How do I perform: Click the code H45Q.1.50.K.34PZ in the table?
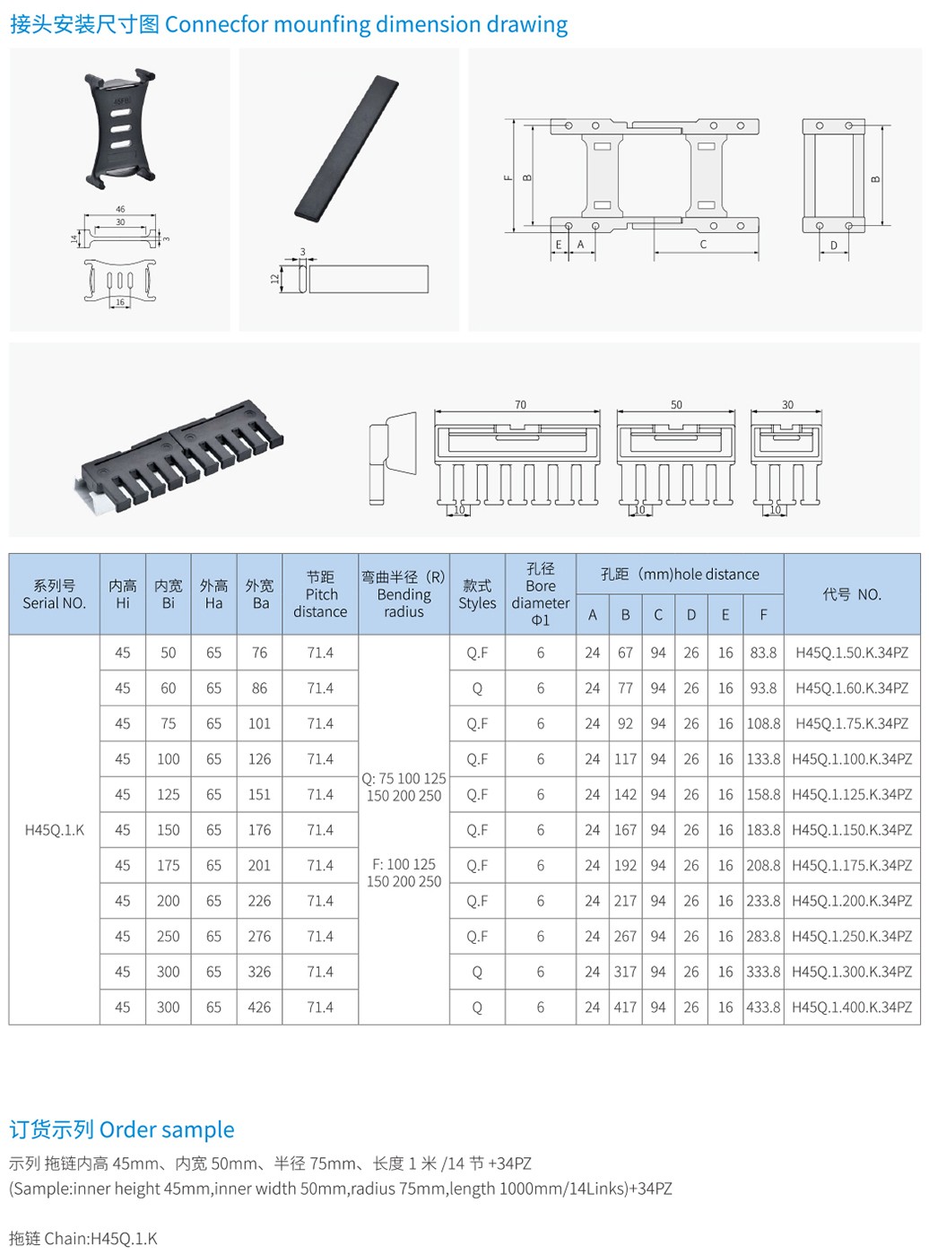tap(851, 653)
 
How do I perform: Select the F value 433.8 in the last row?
tap(763, 1007)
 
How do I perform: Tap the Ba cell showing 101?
tap(259, 723)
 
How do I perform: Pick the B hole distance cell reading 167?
tap(625, 830)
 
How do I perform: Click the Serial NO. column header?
tap(54, 594)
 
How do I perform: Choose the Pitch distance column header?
tap(320, 594)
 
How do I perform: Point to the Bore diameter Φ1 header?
tap(540, 594)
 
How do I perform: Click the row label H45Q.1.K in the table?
tap(54, 830)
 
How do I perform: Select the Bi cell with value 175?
tap(168, 865)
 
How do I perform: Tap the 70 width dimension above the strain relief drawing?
tap(520, 405)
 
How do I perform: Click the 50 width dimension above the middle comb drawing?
tap(676, 405)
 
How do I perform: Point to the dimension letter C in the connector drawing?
tap(703, 245)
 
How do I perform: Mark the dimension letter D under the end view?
tap(833, 246)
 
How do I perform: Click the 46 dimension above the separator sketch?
tap(120, 210)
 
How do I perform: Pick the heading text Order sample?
tap(167, 1129)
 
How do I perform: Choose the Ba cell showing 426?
tap(259, 1007)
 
